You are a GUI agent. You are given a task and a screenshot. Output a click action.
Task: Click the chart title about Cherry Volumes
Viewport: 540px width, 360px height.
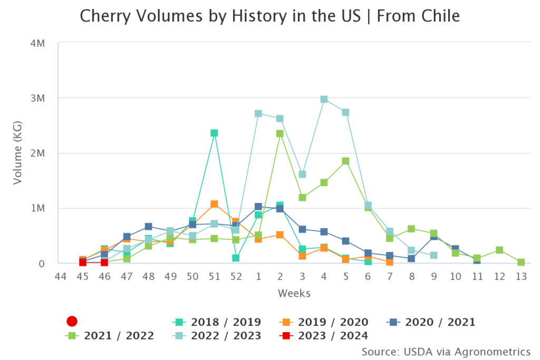(269, 16)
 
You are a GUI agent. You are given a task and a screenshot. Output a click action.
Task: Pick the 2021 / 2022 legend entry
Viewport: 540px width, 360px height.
(110, 336)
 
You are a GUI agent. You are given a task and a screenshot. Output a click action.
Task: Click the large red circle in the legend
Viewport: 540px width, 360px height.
(72, 322)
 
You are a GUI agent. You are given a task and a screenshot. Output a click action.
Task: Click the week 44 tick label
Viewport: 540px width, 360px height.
(61, 276)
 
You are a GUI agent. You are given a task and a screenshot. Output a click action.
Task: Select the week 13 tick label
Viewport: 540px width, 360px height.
(521, 276)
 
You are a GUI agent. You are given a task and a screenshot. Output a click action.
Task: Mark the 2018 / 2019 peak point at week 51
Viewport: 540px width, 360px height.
(214, 133)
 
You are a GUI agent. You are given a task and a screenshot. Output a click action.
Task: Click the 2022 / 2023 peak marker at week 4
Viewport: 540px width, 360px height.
(324, 99)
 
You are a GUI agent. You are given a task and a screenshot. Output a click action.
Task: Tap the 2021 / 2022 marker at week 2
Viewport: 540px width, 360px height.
(280, 134)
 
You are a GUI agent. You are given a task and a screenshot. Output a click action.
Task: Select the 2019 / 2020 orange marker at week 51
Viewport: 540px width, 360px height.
(214, 204)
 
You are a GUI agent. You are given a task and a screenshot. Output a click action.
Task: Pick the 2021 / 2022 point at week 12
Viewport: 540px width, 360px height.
(499, 250)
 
